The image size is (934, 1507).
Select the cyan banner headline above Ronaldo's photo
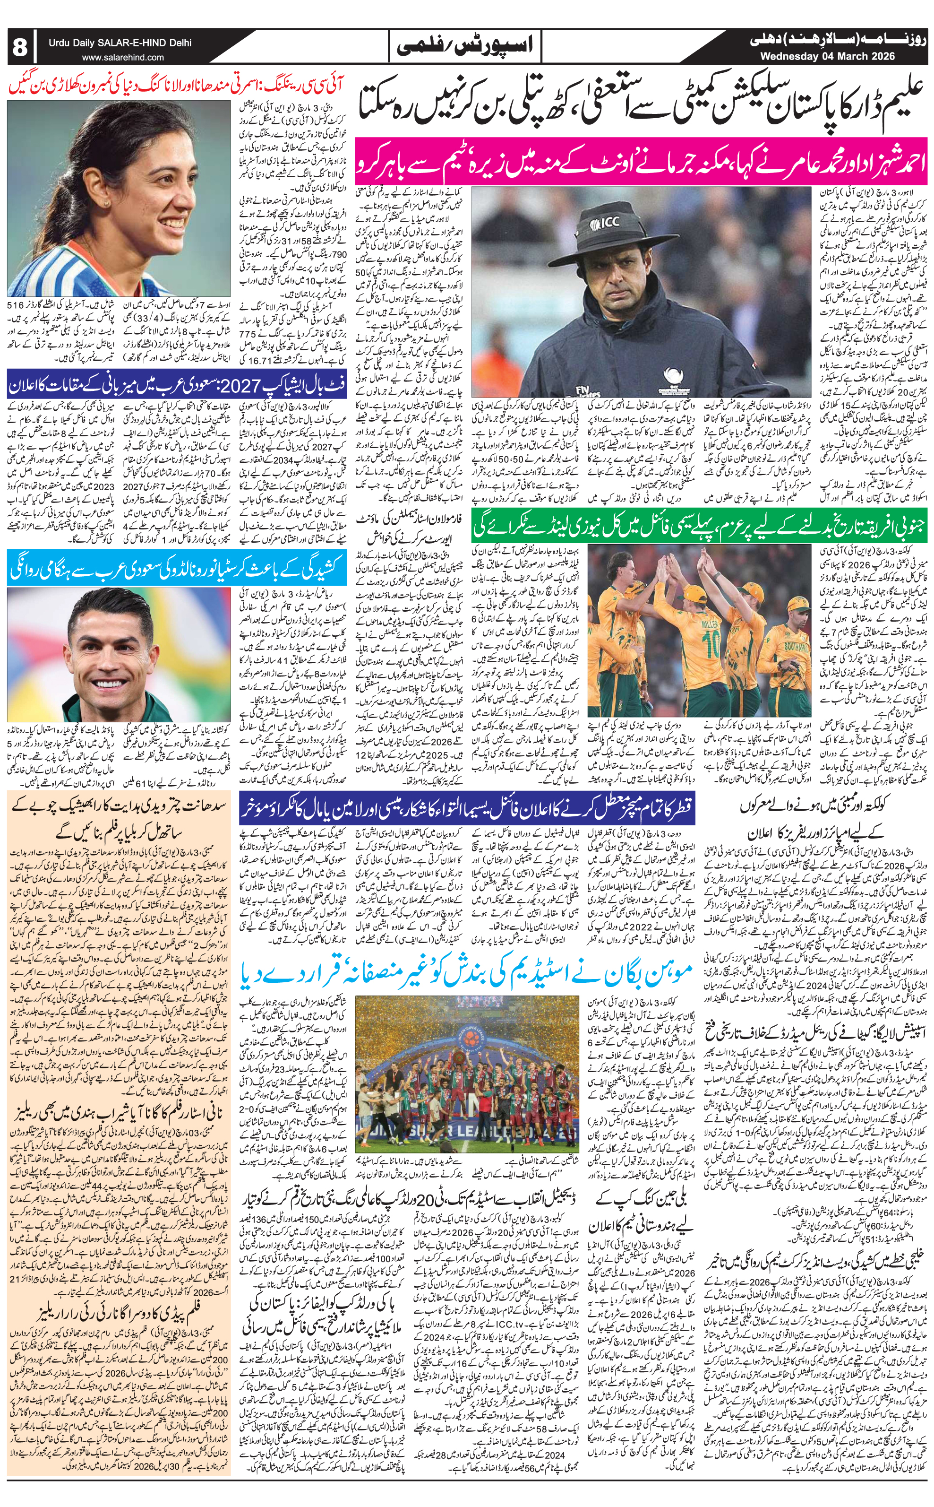173,570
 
